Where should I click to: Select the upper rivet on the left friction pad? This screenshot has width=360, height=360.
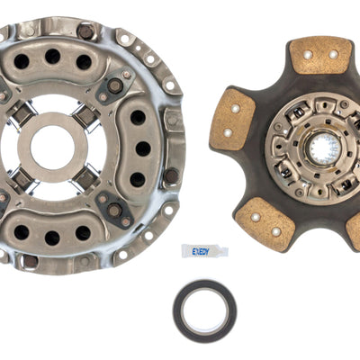[235, 109]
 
